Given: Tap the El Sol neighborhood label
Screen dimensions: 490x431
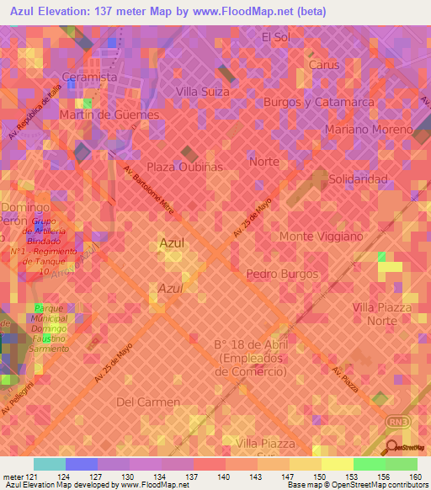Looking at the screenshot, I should (275, 37).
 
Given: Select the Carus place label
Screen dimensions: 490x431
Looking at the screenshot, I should (323, 65).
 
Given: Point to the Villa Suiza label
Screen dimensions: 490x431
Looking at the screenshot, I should (202, 92).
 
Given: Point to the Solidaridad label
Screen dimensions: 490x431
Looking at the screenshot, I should (358, 179).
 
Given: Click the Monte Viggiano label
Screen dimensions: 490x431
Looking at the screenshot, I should (321, 237).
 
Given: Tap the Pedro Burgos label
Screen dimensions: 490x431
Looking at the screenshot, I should (282, 274).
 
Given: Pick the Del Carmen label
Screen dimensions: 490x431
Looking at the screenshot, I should (148, 402).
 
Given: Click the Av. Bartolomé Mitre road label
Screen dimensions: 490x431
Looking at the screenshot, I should (149, 194).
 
